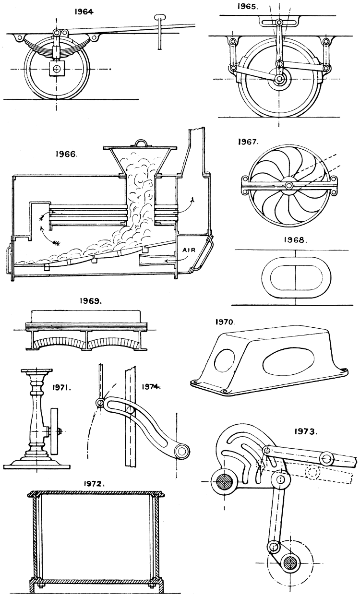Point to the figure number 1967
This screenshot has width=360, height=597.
249,142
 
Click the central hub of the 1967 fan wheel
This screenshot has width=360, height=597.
289,185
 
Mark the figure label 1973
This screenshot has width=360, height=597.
305,431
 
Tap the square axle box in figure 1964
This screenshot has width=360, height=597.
57,69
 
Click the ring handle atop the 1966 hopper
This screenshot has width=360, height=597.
142,143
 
